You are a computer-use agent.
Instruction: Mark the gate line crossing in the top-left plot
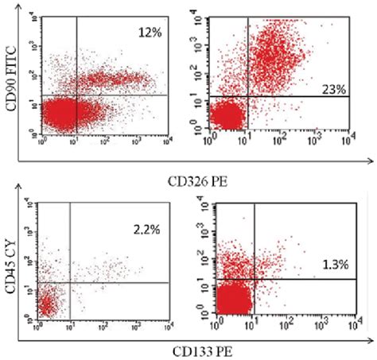[x=76, y=95]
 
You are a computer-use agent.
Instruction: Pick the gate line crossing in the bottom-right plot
[x=253, y=278]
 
